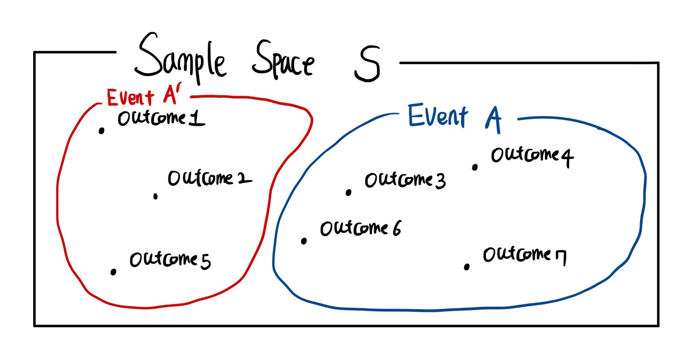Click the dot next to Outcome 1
coord(101,130)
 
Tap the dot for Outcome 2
coord(155,196)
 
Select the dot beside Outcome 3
coord(348,193)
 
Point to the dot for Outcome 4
coord(475,167)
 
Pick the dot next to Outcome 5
coord(113,272)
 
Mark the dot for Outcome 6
coord(304,241)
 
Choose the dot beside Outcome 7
coord(466,267)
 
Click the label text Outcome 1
coord(161,119)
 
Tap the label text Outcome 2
coord(209,179)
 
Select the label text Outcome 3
coord(405,180)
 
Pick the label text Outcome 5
coord(170,260)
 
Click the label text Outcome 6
coord(360,229)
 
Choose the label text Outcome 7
coord(525,255)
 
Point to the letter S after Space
coord(367,64)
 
